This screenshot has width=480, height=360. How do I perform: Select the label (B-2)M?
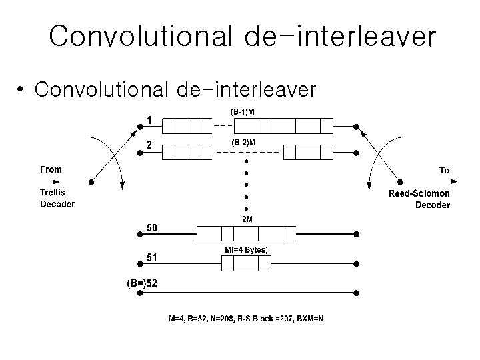(243, 143)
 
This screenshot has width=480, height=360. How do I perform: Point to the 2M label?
(247, 219)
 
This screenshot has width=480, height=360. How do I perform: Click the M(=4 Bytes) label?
(246, 250)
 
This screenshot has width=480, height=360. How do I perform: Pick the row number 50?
(153, 228)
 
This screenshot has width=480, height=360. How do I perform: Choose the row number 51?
(153, 257)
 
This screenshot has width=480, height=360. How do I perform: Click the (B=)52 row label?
(142, 283)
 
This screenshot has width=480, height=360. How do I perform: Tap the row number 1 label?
(150, 120)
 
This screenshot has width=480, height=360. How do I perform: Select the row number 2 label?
(150, 144)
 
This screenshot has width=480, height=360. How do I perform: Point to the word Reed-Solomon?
(419, 193)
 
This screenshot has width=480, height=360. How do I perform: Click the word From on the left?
(51, 169)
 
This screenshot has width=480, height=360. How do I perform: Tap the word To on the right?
(444, 171)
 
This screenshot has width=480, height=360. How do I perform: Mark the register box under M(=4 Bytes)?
(246, 264)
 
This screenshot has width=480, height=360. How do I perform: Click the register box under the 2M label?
(246, 233)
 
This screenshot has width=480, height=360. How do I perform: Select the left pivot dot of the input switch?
(91, 181)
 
